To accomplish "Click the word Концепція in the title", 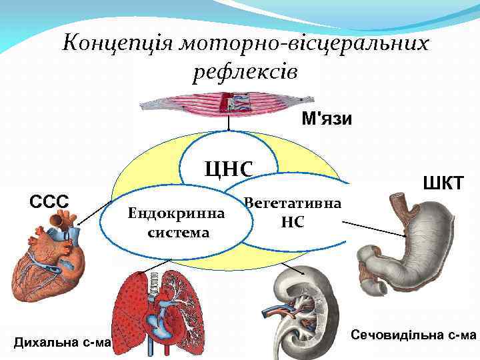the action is tap(106, 45).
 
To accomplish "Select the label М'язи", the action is tap(327, 119).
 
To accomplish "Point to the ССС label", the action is tap(48, 200).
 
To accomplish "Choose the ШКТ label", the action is tap(441, 182).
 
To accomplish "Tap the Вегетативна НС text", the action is tap(293, 212).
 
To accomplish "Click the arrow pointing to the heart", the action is tap(93, 212).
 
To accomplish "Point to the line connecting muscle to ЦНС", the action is tap(228, 123).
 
